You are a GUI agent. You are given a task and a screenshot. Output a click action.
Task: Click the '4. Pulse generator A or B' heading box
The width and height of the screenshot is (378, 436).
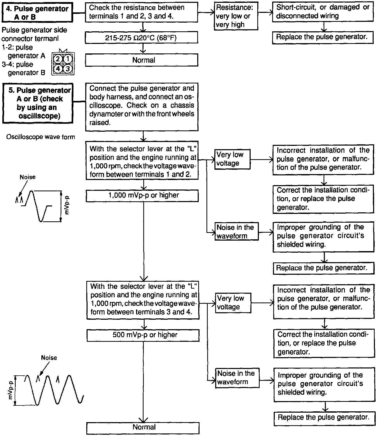(x=37, y=13)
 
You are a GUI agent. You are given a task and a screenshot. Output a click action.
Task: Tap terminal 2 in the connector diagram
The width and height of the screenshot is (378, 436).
(x=58, y=59)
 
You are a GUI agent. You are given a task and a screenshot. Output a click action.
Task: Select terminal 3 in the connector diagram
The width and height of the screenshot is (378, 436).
(x=68, y=69)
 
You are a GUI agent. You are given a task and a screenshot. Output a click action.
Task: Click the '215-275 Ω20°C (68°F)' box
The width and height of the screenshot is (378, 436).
(x=141, y=38)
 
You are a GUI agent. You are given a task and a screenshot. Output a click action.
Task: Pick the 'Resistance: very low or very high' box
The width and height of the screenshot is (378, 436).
(x=236, y=16)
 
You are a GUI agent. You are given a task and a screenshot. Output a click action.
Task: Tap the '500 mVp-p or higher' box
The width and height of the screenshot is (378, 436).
(x=143, y=335)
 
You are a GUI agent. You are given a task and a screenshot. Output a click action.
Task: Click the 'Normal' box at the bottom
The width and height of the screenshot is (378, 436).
(x=143, y=428)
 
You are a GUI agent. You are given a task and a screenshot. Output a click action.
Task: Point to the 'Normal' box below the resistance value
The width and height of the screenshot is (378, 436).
(x=141, y=60)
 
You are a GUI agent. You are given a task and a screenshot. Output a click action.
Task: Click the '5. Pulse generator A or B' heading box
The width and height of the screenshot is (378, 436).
(x=37, y=103)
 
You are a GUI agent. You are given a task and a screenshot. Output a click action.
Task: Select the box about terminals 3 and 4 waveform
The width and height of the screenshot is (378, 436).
(x=143, y=300)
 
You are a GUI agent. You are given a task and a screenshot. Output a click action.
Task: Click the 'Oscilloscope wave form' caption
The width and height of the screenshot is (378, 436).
(x=41, y=137)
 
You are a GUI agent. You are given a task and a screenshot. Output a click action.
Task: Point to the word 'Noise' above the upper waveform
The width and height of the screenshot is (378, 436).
(x=27, y=177)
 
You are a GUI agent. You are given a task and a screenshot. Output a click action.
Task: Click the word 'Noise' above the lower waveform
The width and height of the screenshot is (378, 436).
(x=49, y=358)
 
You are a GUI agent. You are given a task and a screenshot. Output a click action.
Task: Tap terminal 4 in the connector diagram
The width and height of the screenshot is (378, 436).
(x=58, y=69)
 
